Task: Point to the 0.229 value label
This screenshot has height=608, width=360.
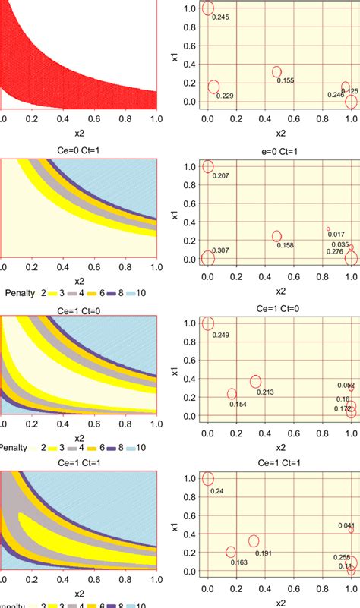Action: point(225,96)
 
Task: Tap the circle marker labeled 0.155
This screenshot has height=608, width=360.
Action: point(277,72)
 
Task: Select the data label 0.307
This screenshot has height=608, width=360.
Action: point(220,250)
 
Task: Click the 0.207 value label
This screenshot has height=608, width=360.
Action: point(220,176)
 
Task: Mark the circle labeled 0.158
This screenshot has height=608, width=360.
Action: point(277,236)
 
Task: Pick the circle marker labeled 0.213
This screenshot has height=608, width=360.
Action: point(256,382)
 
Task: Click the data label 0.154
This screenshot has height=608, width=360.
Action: point(238,405)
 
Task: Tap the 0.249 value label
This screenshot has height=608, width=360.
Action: point(220,335)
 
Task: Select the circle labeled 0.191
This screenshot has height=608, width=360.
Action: point(254,541)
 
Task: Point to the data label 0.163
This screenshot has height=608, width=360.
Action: point(238,562)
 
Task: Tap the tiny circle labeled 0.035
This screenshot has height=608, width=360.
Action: point(351,247)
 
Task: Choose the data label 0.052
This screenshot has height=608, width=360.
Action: point(346,386)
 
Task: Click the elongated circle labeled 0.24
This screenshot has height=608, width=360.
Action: point(209,479)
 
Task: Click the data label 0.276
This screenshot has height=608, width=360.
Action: point(335,251)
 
